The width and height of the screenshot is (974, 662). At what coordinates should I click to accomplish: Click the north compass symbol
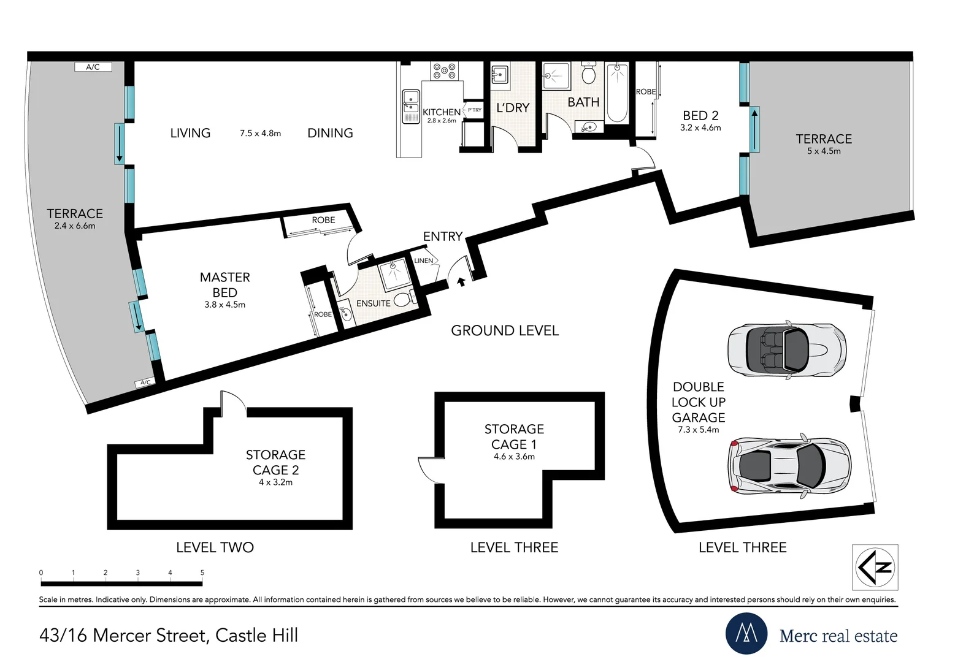[875, 567]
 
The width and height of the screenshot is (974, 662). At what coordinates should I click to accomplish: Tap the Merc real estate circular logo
[746, 633]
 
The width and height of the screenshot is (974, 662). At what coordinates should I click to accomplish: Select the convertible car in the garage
[787, 350]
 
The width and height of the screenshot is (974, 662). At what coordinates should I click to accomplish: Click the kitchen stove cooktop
[445, 71]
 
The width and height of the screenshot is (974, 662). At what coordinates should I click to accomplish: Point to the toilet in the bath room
[589, 73]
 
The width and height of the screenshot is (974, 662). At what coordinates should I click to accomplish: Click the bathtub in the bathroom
[617, 93]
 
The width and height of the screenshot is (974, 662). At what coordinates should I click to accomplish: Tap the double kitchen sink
[411, 107]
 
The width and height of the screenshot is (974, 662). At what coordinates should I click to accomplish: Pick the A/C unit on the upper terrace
[93, 67]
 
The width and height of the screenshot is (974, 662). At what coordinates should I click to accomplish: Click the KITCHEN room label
[442, 112]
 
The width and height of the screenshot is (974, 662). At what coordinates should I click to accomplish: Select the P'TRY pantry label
[474, 110]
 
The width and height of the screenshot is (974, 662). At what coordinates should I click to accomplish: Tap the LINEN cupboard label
[423, 261]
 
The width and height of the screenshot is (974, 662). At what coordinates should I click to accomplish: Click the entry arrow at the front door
[461, 282]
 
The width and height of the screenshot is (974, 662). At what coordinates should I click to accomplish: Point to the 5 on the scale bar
[202, 573]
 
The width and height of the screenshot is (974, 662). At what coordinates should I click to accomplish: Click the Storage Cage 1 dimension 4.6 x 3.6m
[514, 457]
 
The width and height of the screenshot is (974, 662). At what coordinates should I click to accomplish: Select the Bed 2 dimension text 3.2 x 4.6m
[700, 127]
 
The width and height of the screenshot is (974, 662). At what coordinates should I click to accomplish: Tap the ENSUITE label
[374, 303]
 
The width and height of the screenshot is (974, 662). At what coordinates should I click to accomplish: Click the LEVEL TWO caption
[215, 547]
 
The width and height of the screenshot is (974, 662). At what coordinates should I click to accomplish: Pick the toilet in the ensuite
[404, 299]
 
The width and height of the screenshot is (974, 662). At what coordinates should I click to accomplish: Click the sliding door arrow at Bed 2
[754, 129]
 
